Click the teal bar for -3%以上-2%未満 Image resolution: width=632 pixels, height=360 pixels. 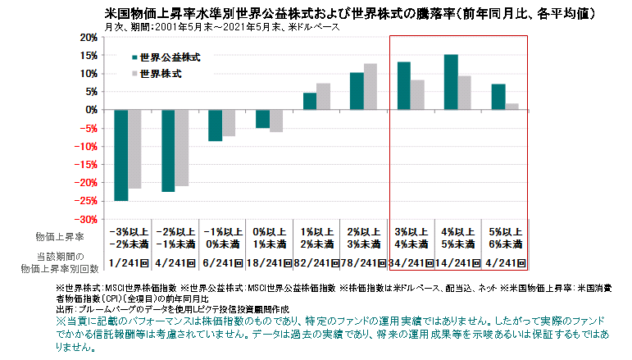(x=120, y=155)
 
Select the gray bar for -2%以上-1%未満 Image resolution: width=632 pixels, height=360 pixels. (x=182, y=148)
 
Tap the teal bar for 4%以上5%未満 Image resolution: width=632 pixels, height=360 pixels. (x=451, y=82)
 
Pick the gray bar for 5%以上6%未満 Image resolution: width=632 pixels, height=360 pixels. (x=512, y=107)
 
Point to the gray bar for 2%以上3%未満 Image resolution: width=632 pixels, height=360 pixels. (x=371, y=87)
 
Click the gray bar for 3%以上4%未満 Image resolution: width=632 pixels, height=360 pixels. (x=417, y=95)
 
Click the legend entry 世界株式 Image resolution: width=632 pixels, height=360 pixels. (x=161, y=74)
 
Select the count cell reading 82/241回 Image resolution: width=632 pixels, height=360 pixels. (x=316, y=262)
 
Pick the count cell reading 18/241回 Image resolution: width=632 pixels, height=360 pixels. (x=270, y=262)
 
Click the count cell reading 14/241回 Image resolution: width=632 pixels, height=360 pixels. (x=457, y=262)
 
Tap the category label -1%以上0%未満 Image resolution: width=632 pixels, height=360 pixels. (x=222, y=238)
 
